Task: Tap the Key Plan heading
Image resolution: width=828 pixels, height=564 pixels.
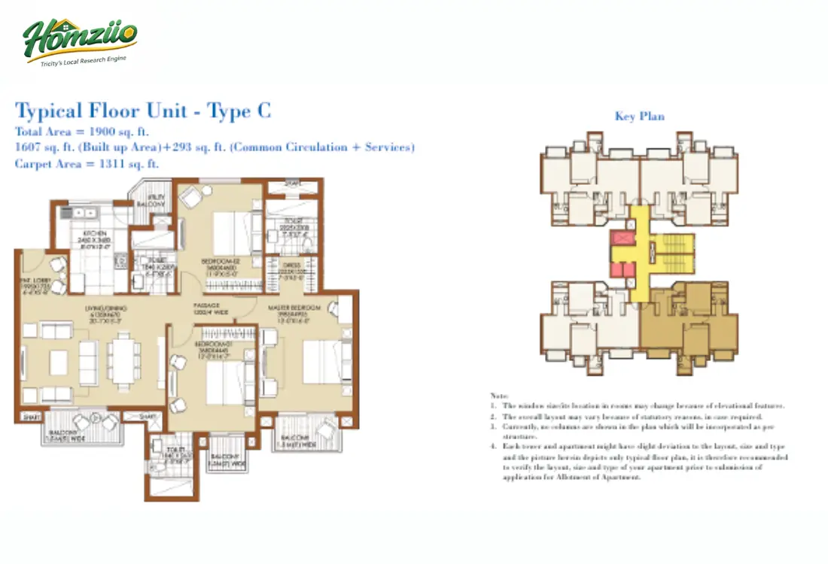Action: point(639,116)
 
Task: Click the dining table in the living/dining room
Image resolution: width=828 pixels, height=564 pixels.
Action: point(123,362)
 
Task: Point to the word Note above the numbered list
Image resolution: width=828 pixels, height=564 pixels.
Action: point(499,396)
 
